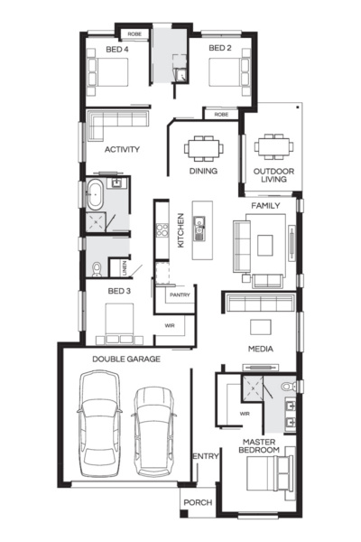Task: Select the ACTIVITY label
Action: (121, 149)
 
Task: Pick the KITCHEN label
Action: (181, 230)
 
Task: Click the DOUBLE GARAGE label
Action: (126, 359)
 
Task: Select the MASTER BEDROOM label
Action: (260, 445)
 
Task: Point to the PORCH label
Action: (197, 503)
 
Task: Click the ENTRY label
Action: (206, 457)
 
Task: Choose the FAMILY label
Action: (265, 206)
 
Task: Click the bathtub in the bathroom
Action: (95, 192)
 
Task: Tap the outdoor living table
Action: (271, 145)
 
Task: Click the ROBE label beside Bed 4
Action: (133, 34)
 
